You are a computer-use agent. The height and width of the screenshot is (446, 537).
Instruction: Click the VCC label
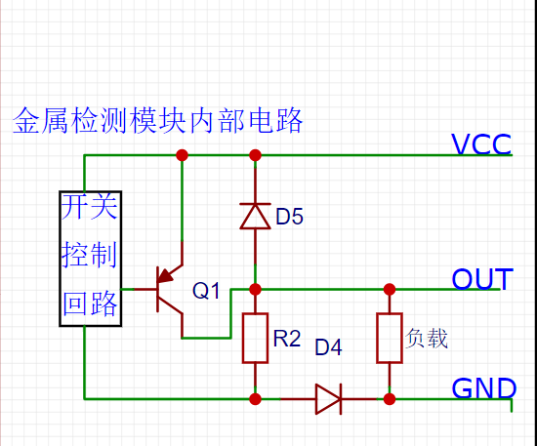481,145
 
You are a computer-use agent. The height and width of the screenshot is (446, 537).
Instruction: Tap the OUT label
480,280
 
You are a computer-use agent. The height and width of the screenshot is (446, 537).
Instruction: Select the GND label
483,389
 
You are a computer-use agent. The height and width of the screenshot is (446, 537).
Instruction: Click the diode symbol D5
255,216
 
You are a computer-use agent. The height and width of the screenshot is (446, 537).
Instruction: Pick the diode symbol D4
329,398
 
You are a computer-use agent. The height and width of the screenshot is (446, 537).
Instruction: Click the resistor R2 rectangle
255,338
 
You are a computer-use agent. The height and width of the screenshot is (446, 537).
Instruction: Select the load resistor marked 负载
389,338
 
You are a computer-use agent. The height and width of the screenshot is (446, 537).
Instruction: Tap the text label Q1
207,291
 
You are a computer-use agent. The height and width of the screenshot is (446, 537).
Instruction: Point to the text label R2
287,339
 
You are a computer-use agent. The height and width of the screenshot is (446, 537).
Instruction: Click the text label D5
290,217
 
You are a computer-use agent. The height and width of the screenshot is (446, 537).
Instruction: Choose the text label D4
328,346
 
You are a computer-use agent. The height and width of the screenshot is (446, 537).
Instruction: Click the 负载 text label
427,339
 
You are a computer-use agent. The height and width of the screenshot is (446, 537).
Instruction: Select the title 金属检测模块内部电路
158,121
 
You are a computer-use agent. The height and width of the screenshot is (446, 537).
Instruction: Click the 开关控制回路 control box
91,258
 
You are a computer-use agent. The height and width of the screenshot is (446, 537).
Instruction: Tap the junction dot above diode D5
255,155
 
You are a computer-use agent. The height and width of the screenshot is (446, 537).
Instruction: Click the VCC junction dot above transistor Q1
181,155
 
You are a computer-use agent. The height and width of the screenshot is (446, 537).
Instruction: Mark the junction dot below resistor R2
255,398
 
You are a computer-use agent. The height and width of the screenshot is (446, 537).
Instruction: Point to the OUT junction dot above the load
389,289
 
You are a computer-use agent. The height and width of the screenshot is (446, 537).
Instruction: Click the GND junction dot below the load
389,398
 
